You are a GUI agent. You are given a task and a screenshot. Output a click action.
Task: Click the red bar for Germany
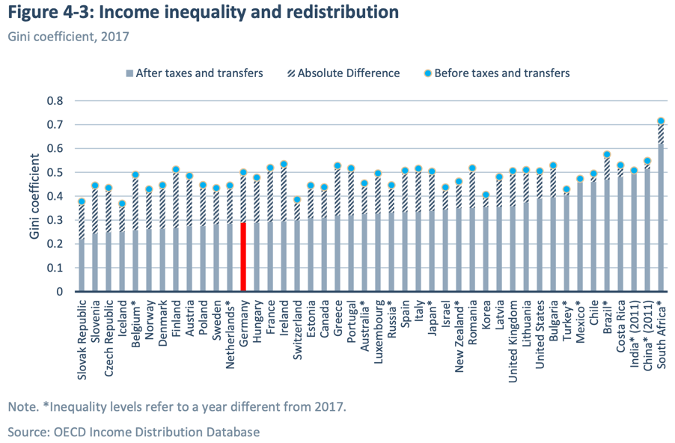[x=243, y=256]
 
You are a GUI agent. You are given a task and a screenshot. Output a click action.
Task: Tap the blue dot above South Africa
[x=661, y=121]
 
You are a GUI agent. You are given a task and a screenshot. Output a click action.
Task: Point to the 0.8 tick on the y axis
[x=57, y=101]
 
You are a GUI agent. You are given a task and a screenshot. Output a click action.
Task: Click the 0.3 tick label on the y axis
[x=57, y=220]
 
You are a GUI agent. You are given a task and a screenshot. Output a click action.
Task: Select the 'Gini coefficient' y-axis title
[x=34, y=196]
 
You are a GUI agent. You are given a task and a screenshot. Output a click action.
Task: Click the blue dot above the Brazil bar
[x=607, y=155]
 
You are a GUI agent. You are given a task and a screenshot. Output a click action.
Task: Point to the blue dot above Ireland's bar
[x=284, y=164]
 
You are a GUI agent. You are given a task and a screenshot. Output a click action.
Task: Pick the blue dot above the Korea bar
[x=486, y=195]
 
